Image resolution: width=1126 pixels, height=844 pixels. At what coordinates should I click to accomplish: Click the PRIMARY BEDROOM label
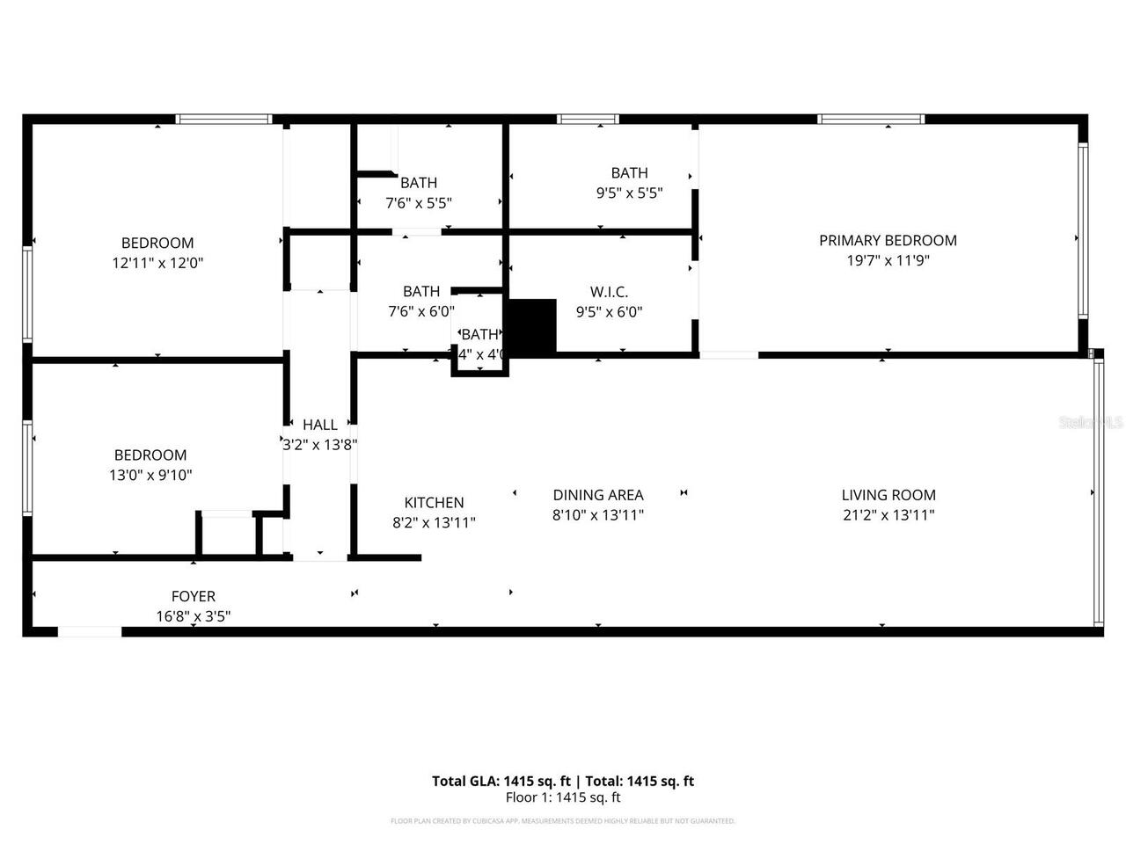point(888,240)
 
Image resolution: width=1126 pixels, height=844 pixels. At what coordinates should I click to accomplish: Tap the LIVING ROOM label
point(888,495)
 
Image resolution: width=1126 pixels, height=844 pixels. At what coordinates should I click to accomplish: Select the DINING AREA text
point(598,495)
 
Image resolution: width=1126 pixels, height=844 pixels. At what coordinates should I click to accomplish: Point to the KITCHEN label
point(434,503)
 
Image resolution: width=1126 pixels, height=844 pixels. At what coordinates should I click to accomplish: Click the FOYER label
point(194,597)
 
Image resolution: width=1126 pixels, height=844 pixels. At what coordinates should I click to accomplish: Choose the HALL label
point(320,425)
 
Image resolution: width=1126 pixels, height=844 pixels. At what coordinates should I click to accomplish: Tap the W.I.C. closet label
point(609,292)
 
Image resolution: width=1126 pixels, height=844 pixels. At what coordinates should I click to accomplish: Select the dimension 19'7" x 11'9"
point(888,260)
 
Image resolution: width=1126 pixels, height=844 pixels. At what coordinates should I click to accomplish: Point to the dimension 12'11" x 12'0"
point(157,263)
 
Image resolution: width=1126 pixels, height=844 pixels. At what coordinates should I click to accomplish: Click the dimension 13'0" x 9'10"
point(150,476)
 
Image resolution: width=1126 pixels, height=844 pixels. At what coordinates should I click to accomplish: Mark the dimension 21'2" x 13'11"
point(888,515)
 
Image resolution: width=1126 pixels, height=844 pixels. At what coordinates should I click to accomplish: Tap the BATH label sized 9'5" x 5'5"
point(629,173)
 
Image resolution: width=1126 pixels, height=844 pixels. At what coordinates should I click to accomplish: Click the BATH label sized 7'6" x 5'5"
point(419,183)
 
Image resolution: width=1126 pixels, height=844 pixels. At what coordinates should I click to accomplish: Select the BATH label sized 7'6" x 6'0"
point(421,291)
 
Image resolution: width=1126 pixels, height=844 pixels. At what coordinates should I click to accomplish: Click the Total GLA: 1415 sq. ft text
point(501,781)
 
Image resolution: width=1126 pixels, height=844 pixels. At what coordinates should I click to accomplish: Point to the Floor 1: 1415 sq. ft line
point(563,797)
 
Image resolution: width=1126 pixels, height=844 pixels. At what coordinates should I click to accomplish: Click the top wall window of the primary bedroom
point(871,119)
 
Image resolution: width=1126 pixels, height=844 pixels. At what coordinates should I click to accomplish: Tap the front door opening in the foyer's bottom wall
point(90,631)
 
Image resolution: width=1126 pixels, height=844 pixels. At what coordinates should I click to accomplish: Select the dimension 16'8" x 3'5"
point(194,617)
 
